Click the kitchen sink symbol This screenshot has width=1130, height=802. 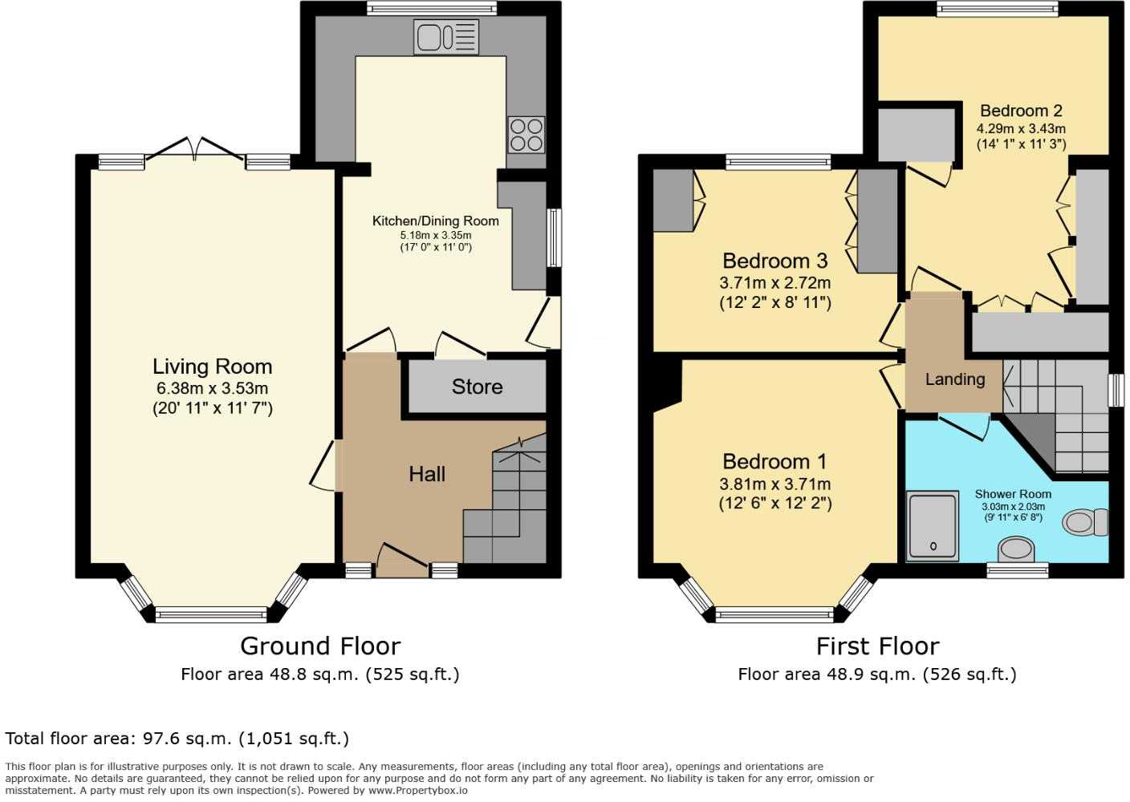tap(446, 38)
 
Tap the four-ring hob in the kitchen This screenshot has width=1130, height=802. tap(526, 135)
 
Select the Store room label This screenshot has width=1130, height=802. tap(477, 387)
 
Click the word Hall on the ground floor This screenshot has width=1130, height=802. tap(426, 474)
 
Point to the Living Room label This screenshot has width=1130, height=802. tap(213, 367)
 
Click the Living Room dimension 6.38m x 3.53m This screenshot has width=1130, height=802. tap(213, 388)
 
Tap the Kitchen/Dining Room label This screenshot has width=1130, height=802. tap(435, 221)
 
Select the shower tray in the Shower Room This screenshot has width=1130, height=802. tap(933, 525)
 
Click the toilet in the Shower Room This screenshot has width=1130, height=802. tap(1084, 523)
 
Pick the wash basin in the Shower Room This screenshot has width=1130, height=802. tap(1016, 549)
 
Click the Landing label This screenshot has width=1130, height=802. tap(954, 379)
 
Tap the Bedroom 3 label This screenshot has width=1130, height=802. tap(774, 261)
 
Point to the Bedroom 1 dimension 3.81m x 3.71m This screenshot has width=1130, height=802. tap(774, 484)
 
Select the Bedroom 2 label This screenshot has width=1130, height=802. tap(1021, 111)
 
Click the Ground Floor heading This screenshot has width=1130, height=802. tap(319, 646)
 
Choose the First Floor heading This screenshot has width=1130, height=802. tap(877, 646)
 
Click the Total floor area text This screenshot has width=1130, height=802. tap(177, 738)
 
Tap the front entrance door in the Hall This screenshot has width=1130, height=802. tap(403, 560)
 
